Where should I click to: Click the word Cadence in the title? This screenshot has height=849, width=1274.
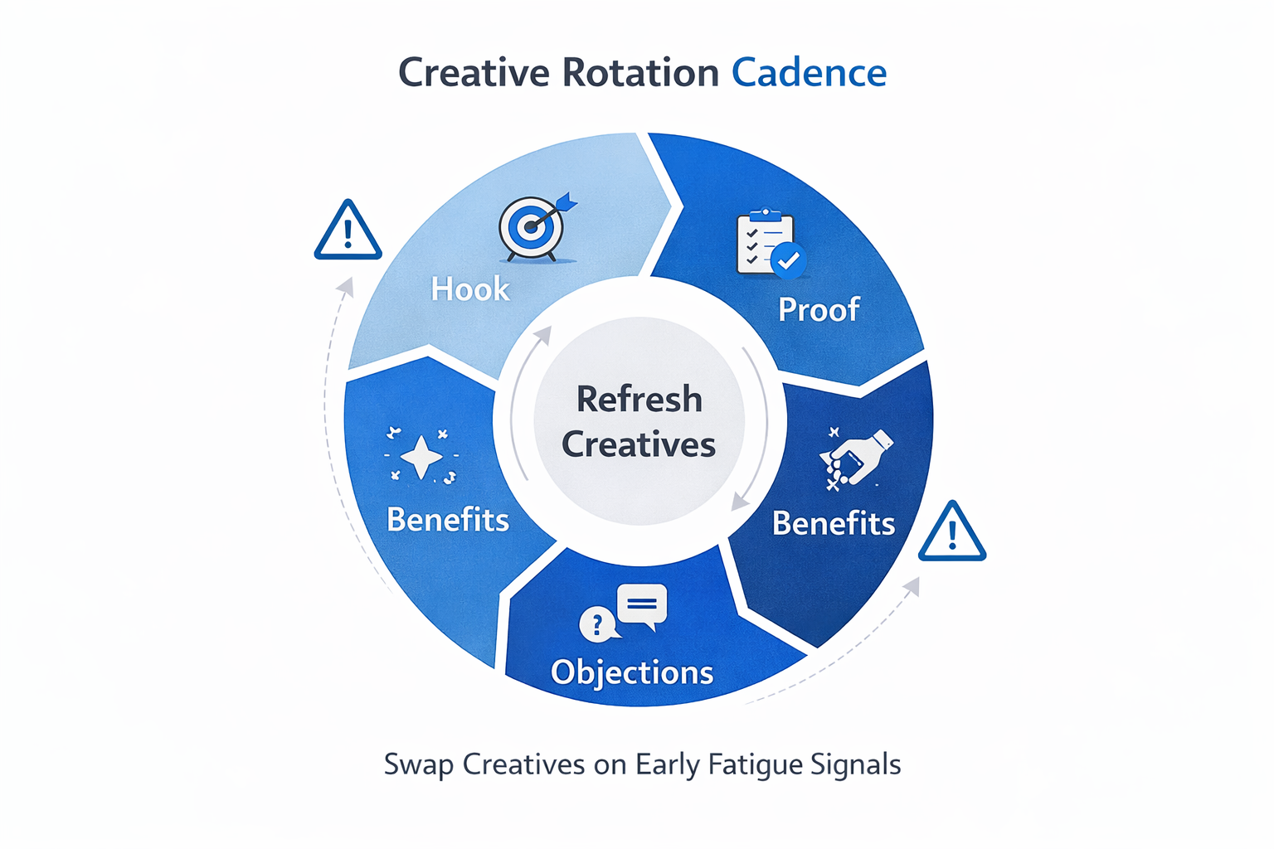[809, 73]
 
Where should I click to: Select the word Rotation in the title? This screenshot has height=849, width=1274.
[640, 73]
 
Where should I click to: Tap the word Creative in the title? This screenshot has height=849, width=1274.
[474, 73]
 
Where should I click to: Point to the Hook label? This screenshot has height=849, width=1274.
[469, 289]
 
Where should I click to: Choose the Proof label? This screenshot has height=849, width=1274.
[818, 309]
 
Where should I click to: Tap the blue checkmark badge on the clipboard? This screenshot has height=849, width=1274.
[788, 260]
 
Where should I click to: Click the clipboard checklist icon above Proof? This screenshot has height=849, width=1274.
[766, 241]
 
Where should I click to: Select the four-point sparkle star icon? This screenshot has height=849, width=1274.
[421, 456]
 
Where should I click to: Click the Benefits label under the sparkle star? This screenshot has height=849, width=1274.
[448, 520]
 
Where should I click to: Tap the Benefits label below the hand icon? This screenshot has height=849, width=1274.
[833, 524]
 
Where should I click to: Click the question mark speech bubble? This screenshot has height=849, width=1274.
[597, 624]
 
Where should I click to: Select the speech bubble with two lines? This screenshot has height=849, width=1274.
[643, 605]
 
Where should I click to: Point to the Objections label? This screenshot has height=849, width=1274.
[632, 672]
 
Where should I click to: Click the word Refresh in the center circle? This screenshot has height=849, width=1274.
[639, 400]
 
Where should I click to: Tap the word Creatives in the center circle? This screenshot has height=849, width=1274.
[639, 445]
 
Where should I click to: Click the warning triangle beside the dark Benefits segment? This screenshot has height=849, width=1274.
[952, 533]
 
